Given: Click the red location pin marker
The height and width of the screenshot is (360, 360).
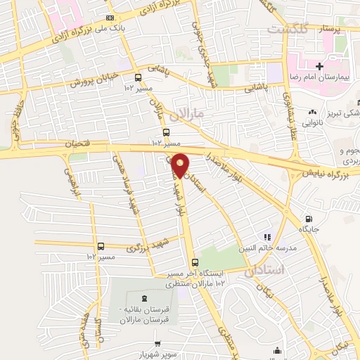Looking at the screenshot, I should [x=180, y=165].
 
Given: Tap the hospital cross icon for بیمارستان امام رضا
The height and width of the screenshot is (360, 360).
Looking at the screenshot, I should [x=319, y=66].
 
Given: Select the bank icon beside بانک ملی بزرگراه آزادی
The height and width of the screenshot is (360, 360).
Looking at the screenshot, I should [x=108, y=18].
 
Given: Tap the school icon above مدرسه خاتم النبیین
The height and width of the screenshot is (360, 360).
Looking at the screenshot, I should [x=266, y=237].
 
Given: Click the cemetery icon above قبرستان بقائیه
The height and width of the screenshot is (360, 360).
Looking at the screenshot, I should [x=144, y=298].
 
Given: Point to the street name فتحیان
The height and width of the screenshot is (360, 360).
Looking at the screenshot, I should [x=77, y=144].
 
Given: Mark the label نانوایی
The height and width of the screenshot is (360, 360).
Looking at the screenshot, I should [x=314, y=121].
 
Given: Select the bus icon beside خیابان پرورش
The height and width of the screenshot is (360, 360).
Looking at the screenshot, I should [x=138, y=77].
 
